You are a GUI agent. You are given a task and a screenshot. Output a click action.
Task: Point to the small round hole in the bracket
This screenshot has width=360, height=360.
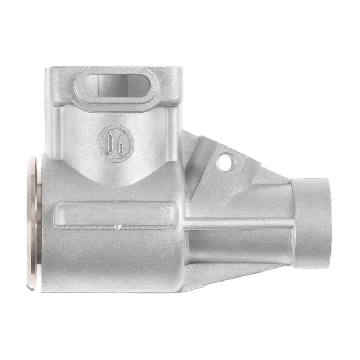click(225, 162)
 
